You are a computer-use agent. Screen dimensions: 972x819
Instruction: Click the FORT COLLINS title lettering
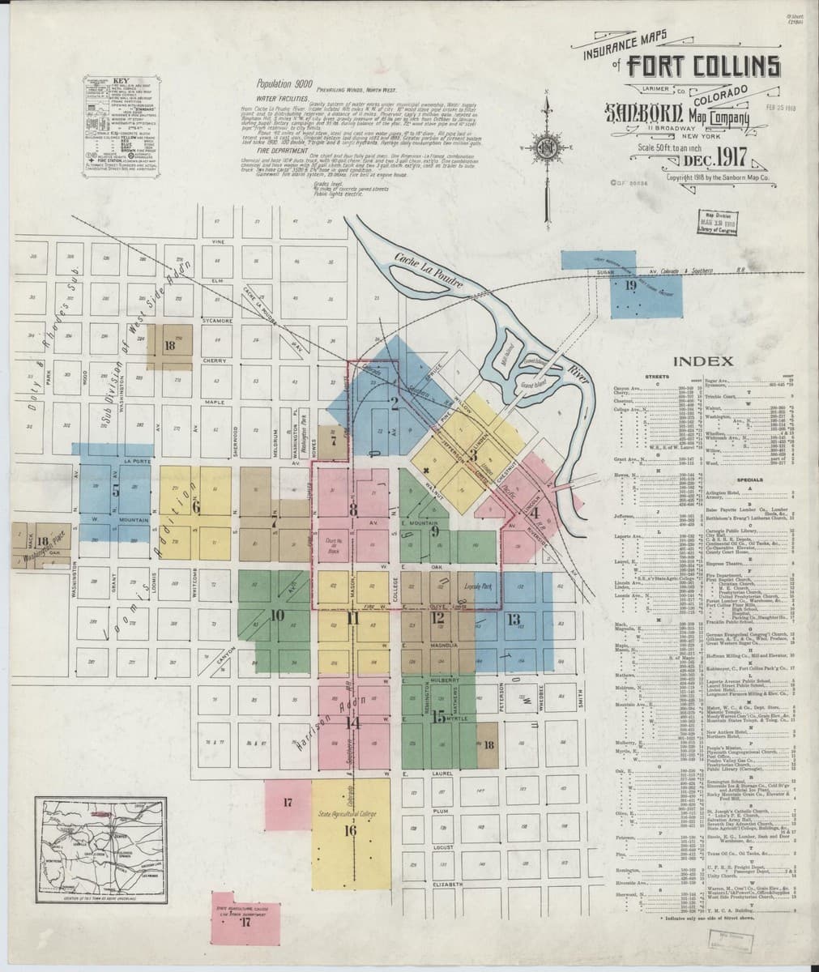[x=704, y=67]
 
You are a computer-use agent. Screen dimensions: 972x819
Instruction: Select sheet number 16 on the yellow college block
[x=350, y=830]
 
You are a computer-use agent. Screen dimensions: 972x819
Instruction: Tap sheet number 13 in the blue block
[x=513, y=620]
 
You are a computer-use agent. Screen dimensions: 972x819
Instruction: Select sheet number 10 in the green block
[x=277, y=615]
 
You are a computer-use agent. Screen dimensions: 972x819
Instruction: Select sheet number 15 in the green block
[x=438, y=716]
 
